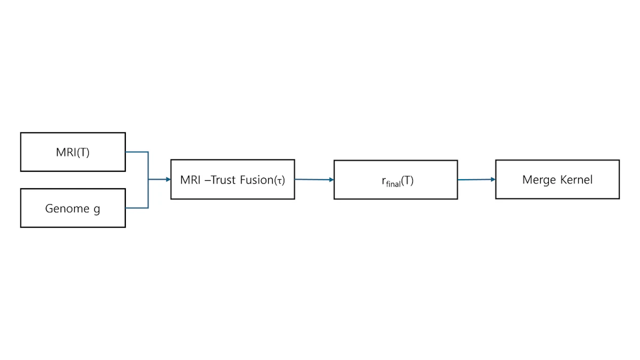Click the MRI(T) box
(x=73, y=152)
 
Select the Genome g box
(x=73, y=208)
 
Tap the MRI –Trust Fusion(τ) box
(x=233, y=179)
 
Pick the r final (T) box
(x=396, y=180)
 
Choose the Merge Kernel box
(x=557, y=179)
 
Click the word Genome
(x=67, y=209)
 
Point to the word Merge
(x=539, y=180)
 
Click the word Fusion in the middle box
(x=257, y=180)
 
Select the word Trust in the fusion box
(x=223, y=180)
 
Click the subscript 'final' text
(x=393, y=183)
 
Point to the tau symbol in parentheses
(x=279, y=181)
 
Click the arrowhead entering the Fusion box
(x=169, y=179)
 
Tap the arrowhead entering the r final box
(x=331, y=180)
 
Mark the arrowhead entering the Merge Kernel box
(x=493, y=179)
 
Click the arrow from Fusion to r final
(x=314, y=179)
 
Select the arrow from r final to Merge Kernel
(x=477, y=180)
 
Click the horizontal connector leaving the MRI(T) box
(x=137, y=152)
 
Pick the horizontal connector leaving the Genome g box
(x=137, y=208)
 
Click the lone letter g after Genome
(x=97, y=210)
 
